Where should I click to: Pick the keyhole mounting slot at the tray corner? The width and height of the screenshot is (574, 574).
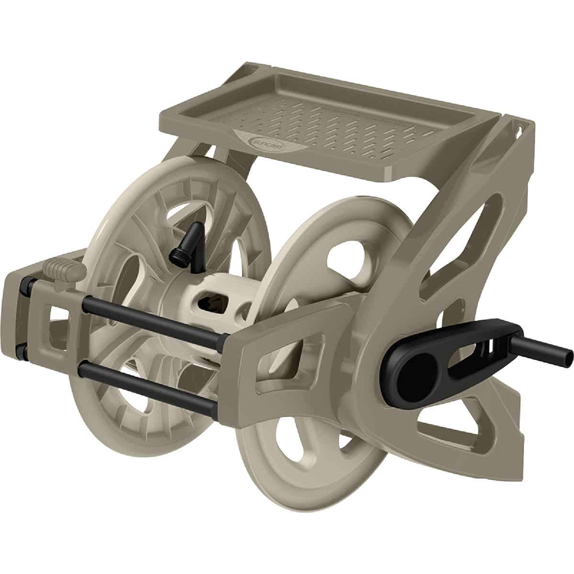(x=517, y=129)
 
